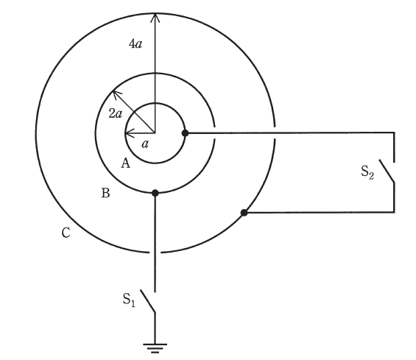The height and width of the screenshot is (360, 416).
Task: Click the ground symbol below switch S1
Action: click(x=155, y=348)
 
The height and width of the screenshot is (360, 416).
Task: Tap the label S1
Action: click(x=129, y=300)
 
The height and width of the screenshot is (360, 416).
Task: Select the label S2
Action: click(x=367, y=172)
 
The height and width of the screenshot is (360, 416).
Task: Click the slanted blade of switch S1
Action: click(x=148, y=301)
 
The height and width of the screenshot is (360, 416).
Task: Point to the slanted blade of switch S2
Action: click(x=387, y=171)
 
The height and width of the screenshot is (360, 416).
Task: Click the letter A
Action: click(x=126, y=163)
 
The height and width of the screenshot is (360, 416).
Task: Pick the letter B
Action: click(x=105, y=193)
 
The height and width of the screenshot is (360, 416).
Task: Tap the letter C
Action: click(x=66, y=233)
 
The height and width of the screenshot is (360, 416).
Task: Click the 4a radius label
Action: click(x=135, y=43)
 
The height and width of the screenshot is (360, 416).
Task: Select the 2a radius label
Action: click(x=116, y=114)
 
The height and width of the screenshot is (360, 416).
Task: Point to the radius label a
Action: click(x=145, y=144)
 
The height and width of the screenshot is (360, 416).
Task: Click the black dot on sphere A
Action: click(x=186, y=133)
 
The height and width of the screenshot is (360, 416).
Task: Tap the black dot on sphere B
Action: click(x=155, y=193)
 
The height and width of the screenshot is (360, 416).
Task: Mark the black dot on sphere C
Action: click(x=244, y=213)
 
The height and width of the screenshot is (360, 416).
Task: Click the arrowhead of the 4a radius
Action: click(x=155, y=17)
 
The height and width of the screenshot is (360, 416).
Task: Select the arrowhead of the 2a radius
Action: click(x=116, y=94)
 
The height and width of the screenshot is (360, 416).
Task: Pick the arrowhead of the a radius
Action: click(x=128, y=133)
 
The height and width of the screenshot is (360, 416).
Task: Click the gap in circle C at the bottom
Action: click(x=155, y=252)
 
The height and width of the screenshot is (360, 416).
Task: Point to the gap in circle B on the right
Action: click(x=214, y=133)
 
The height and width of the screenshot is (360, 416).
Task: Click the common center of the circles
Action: click(x=155, y=133)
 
